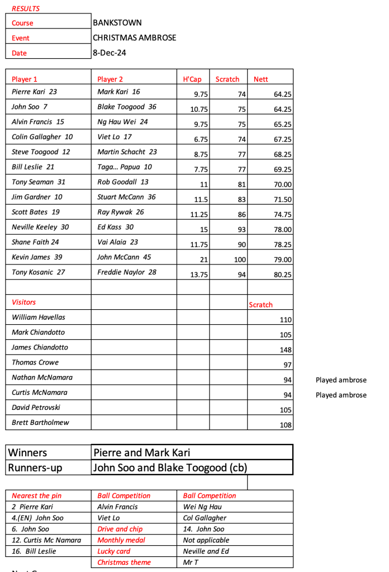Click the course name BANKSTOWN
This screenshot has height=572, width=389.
point(117,23)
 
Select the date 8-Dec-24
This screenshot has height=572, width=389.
point(110,53)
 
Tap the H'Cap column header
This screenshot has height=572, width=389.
point(192,79)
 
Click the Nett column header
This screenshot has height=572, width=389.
point(261,79)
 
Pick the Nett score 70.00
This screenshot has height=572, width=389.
point(283,185)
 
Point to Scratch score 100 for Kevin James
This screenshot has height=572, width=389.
point(239,260)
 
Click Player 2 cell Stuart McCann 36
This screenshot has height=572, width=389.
point(126,197)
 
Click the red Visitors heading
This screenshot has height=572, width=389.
point(24,302)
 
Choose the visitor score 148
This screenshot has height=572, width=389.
point(286,350)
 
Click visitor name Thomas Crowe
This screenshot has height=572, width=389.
point(35,362)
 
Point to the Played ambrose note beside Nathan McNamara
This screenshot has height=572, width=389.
point(341,380)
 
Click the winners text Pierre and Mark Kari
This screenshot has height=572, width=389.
point(142,452)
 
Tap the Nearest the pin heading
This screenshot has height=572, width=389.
point(37,496)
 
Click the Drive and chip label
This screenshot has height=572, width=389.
point(120,529)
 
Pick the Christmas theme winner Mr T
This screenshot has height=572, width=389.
point(191,562)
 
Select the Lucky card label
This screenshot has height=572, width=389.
point(114,551)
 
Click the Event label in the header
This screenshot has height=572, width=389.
point(21,38)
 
